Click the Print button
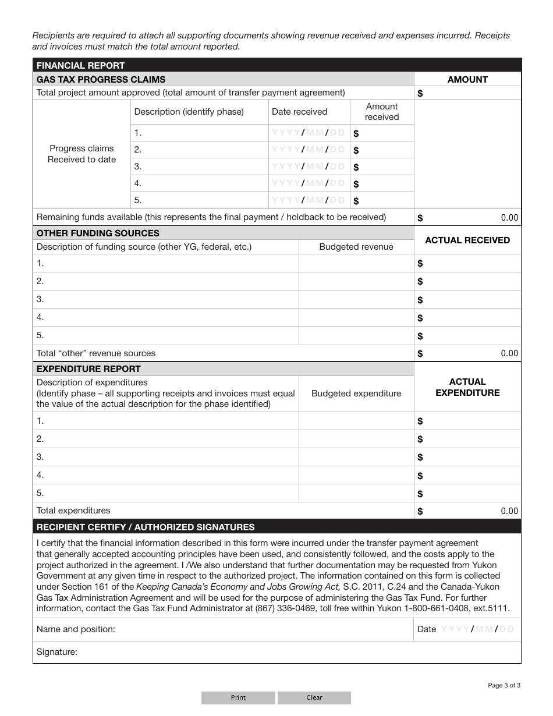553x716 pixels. (238, 697)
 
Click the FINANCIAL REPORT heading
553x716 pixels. (80, 65)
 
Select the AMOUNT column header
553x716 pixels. (467, 79)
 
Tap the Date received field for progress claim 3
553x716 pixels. (309, 166)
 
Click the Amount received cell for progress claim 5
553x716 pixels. (382, 200)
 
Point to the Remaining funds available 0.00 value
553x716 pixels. (509, 218)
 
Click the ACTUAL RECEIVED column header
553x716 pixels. (467, 240)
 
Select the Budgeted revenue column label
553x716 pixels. (356, 247)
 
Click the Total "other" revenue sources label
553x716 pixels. (96, 353)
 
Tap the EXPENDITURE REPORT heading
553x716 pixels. (88, 368)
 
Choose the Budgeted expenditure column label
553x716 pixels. (356, 394)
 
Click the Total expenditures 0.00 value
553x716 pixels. (509, 511)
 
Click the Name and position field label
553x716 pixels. (76, 629)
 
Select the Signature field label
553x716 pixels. (57, 652)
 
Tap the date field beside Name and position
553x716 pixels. (477, 629)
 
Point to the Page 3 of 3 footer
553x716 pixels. (504, 685)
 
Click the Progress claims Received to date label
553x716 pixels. (81, 154)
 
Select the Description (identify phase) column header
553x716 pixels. (189, 112)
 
